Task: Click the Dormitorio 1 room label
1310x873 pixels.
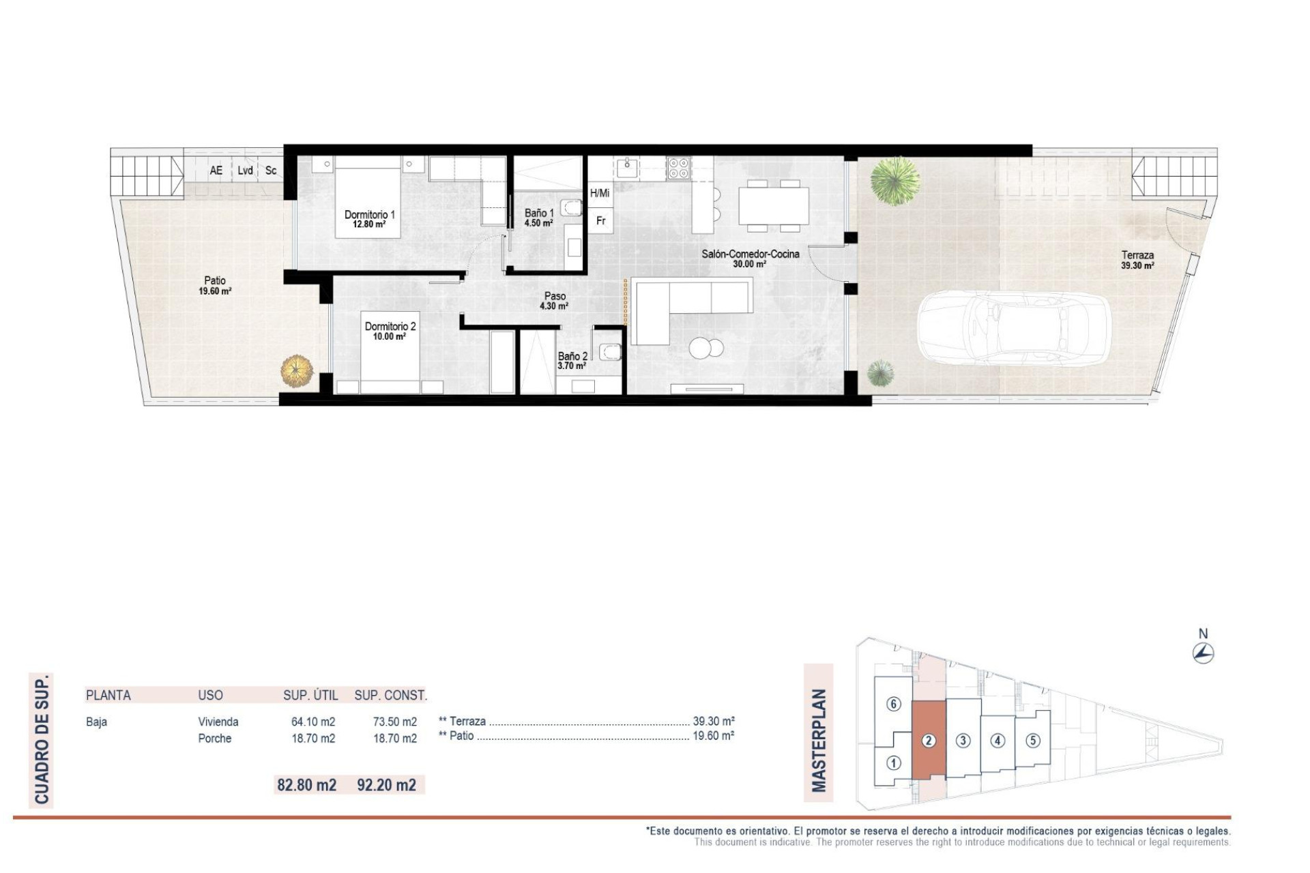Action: [369, 218]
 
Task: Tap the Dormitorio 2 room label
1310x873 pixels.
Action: [390, 331]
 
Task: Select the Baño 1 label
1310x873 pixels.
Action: [539, 218]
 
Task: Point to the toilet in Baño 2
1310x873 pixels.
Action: [610, 352]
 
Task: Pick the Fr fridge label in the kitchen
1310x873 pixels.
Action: [600, 221]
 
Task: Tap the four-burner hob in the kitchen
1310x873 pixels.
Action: [678, 168]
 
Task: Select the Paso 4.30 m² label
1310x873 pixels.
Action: [554, 301]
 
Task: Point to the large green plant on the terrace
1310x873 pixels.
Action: [895, 180]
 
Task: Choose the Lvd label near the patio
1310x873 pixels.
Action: [245, 171]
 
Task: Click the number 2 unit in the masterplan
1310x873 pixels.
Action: [929, 740]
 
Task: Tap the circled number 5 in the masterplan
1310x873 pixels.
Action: [1032, 740]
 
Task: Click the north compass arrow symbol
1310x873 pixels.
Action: [1203, 653]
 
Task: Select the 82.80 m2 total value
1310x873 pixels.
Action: [306, 785]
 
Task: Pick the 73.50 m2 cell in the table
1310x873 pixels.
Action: [395, 722]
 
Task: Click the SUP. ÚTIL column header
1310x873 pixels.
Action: [310, 695]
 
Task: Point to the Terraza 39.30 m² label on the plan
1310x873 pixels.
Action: [1137, 260]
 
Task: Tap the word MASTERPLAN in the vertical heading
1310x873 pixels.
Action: [819, 740]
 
